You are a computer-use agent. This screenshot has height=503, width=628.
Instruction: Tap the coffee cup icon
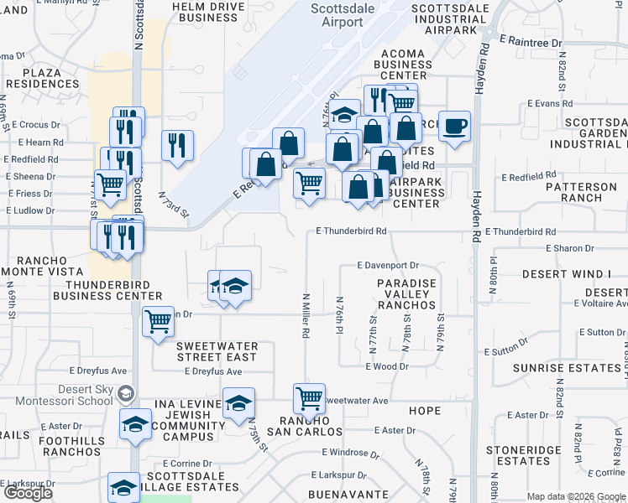pos(454,127)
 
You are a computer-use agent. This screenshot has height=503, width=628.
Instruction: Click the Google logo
pos(27,493)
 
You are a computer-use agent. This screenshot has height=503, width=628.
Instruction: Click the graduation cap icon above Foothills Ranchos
pos(134,425)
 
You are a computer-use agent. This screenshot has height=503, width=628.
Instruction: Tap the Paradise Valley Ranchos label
pos(406,294)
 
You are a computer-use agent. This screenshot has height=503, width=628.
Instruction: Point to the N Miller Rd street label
pos(306,315)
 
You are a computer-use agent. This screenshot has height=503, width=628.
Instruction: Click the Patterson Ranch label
pos(585,192)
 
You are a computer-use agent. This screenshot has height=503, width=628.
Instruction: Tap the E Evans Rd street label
pos(549,104)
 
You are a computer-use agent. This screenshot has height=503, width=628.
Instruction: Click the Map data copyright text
pos(576,496)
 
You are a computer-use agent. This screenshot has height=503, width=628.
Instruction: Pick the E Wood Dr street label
pos(386,366)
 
